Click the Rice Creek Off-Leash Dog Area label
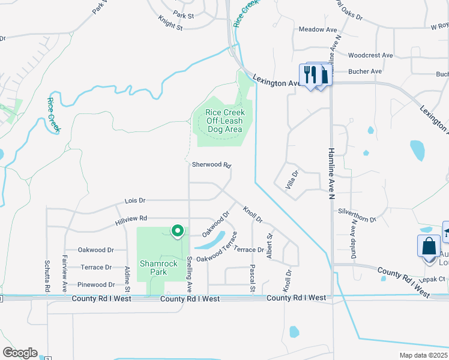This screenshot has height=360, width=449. [x=224, y=121]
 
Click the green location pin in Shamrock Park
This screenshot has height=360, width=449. [x=177, y=231]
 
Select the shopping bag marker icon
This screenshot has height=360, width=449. [x=429, y=247]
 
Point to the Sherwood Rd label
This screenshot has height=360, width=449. [x=211, y=164]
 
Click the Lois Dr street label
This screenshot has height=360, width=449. [x=135, y=200]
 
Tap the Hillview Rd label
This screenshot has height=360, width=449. [x=131, y=221]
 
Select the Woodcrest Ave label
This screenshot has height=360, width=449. [x=370, y=55]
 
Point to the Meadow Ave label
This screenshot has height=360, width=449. [x=318, y=29]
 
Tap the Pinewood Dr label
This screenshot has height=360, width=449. [x=96, y=284]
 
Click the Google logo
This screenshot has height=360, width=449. [x=20, y=353]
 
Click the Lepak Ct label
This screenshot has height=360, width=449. [x=432, y=280]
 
